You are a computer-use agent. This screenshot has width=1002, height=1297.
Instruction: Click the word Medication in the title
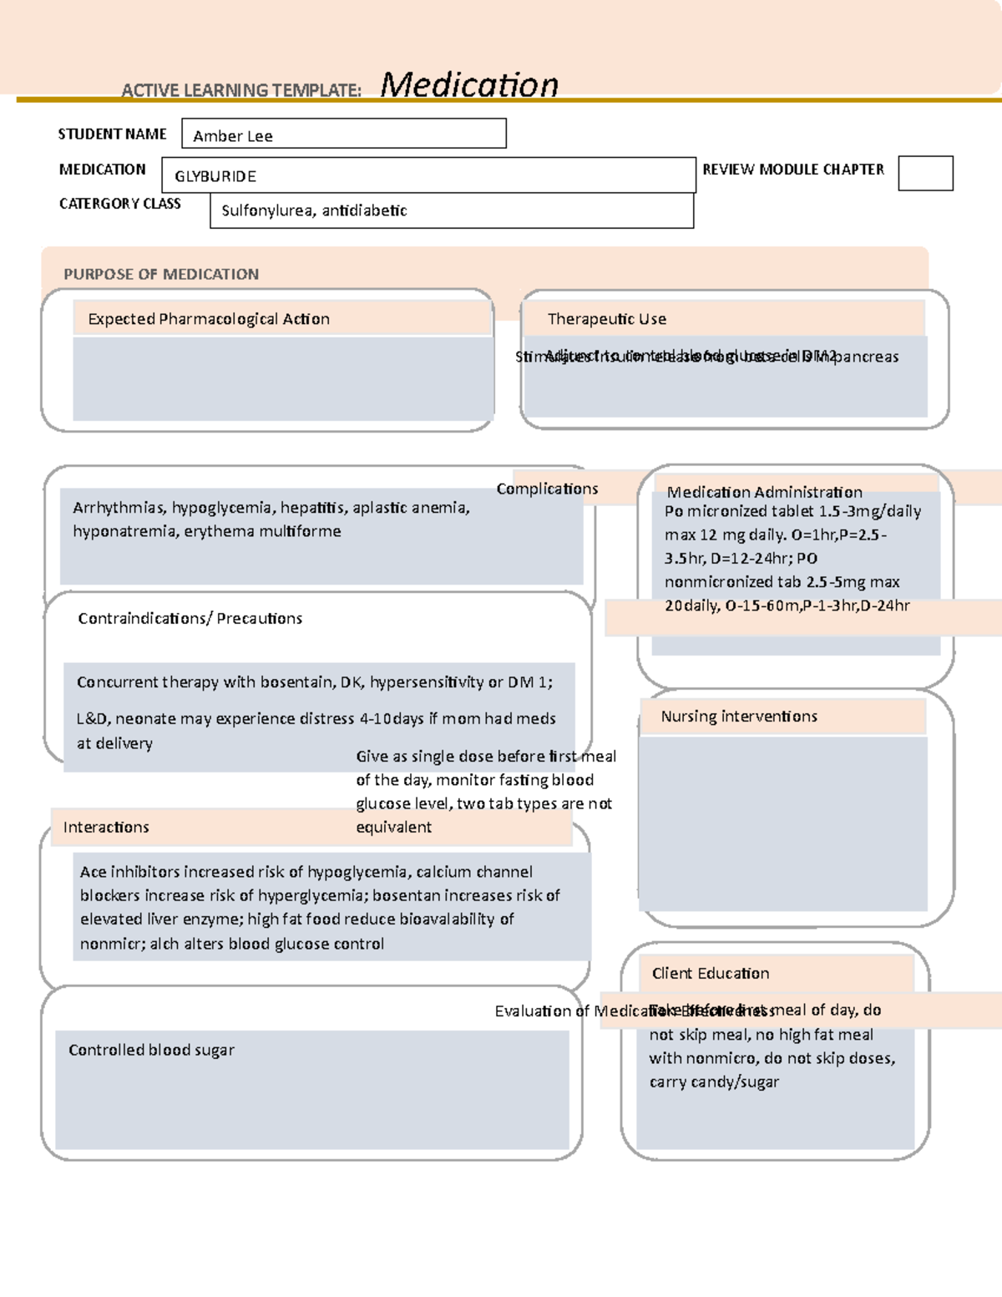tap(469, 85)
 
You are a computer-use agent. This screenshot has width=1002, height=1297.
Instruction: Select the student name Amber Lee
tap(233, 136)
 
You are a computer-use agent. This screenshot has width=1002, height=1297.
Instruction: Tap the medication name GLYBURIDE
tap(215, 176)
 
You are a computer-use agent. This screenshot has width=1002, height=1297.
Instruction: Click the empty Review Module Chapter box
tap(925, 174)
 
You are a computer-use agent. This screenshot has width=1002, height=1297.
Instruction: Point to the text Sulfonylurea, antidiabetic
tap(314, 210)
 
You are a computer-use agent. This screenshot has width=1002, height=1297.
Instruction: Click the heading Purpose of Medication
tap(161, 274)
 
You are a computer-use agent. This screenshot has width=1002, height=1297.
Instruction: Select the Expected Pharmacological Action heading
tap(209, 319)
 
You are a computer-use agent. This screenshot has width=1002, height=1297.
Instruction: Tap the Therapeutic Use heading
tap(607, 319)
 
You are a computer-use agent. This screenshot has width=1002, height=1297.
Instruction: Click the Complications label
tap(547, 489)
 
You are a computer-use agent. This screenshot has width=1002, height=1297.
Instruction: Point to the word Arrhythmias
tap(119, 508)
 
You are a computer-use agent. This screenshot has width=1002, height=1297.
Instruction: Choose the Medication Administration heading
tap(764, 492)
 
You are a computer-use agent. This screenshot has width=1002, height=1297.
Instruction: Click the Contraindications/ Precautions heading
tap(190, 618)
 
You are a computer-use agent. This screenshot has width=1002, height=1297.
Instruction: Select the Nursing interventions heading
tap(739, 717)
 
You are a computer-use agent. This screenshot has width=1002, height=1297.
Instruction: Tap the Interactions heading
tap(106, 827)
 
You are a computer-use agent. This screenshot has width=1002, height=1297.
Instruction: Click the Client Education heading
tap(711, 973)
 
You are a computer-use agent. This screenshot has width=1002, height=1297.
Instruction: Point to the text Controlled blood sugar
tap(151, 1050)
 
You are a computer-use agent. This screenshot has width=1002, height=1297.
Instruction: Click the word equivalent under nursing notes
tap(394, 827)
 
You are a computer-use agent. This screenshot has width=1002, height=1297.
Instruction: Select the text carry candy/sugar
tap(714, 1082)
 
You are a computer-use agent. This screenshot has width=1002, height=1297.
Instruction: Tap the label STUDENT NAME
tap(112, 134)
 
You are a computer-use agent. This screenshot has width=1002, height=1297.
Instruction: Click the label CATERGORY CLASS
tap(119, 204)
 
